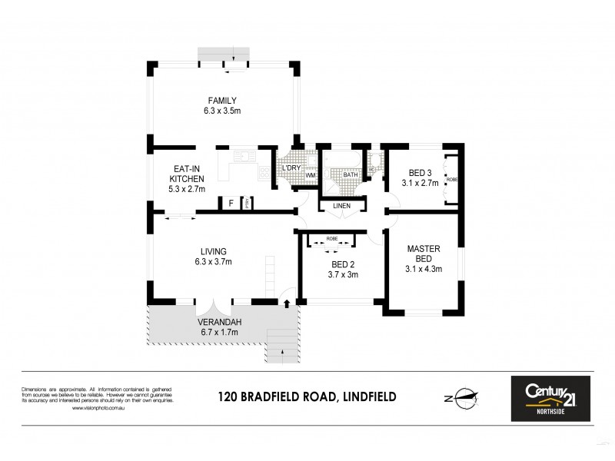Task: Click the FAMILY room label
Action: (221, 101)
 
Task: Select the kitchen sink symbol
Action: (242, 158)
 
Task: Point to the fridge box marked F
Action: (230, 203)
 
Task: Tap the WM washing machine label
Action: (311, 175)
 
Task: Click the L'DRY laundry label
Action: (291, 167)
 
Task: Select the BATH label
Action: (351, 175)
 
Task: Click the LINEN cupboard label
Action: (342, 206)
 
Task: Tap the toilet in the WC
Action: (371, 164)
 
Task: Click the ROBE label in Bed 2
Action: (332, 239)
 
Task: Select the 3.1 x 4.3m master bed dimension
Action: (423, 269)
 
